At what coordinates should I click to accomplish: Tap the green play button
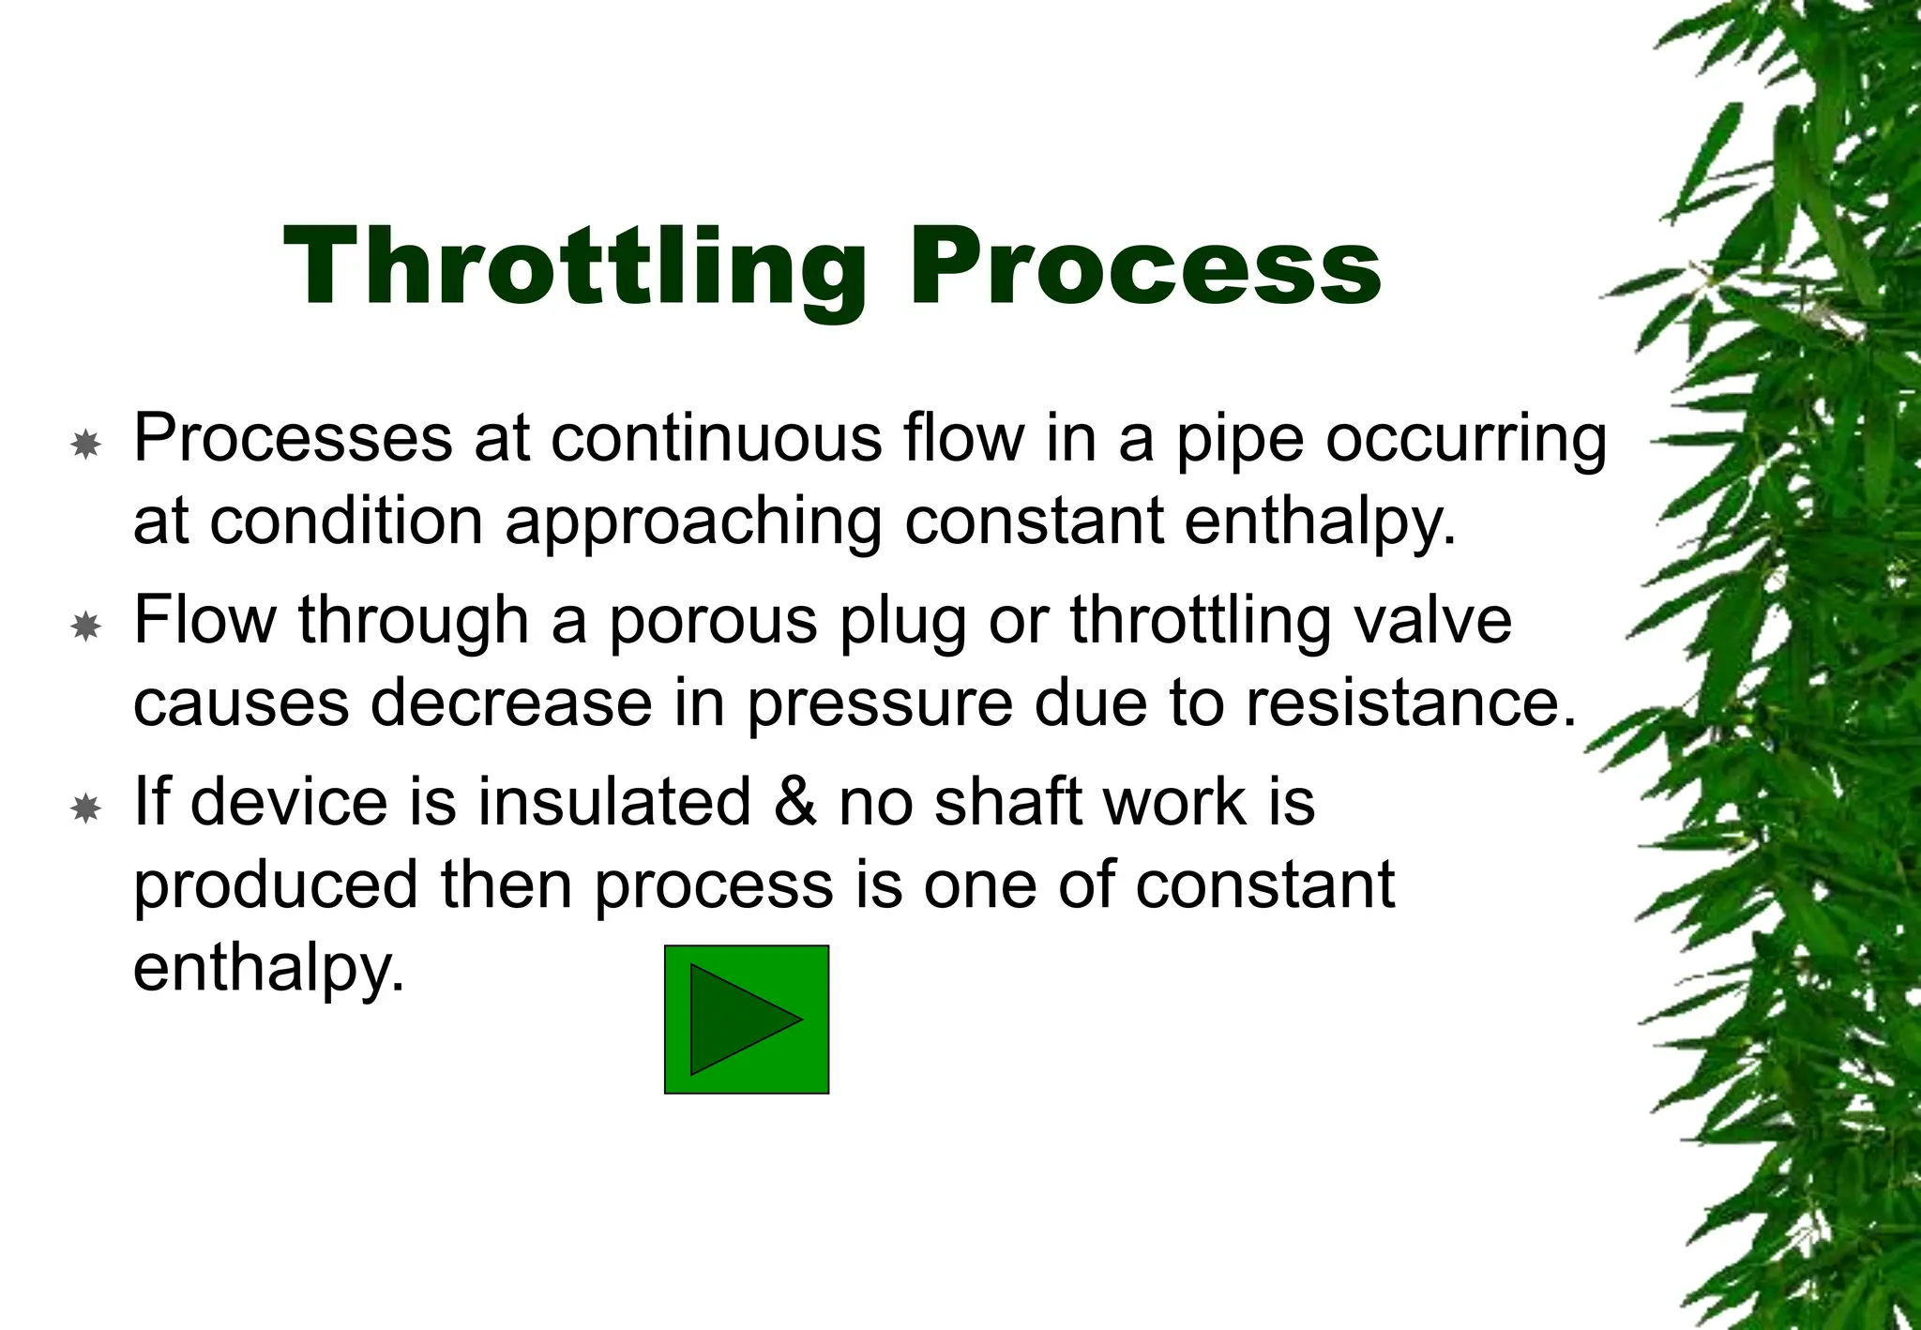pos(747,1020)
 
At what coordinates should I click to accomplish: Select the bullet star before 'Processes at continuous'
pos(85,444)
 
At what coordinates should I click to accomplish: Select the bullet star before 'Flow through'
pos(85,626)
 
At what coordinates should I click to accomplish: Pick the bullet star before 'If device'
pos(85,808)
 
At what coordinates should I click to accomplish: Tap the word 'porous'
pos(713,621)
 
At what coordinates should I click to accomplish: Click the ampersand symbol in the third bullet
pos(794,802)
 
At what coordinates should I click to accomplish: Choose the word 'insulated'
pos(614,802)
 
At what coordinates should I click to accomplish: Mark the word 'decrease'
pos(511,703)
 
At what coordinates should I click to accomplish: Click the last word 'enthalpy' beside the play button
pos(268,968)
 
